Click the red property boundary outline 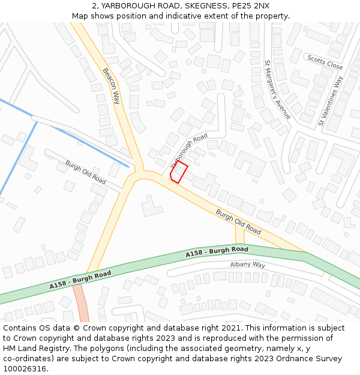179,172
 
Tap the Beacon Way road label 111,86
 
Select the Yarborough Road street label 188,150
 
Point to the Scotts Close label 325,62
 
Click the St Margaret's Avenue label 277,89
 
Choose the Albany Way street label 247,265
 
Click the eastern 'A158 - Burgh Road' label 217,252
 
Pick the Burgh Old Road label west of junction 85,172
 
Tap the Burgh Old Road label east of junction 238,221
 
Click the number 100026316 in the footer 25,369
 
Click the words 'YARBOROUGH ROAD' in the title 136,6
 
